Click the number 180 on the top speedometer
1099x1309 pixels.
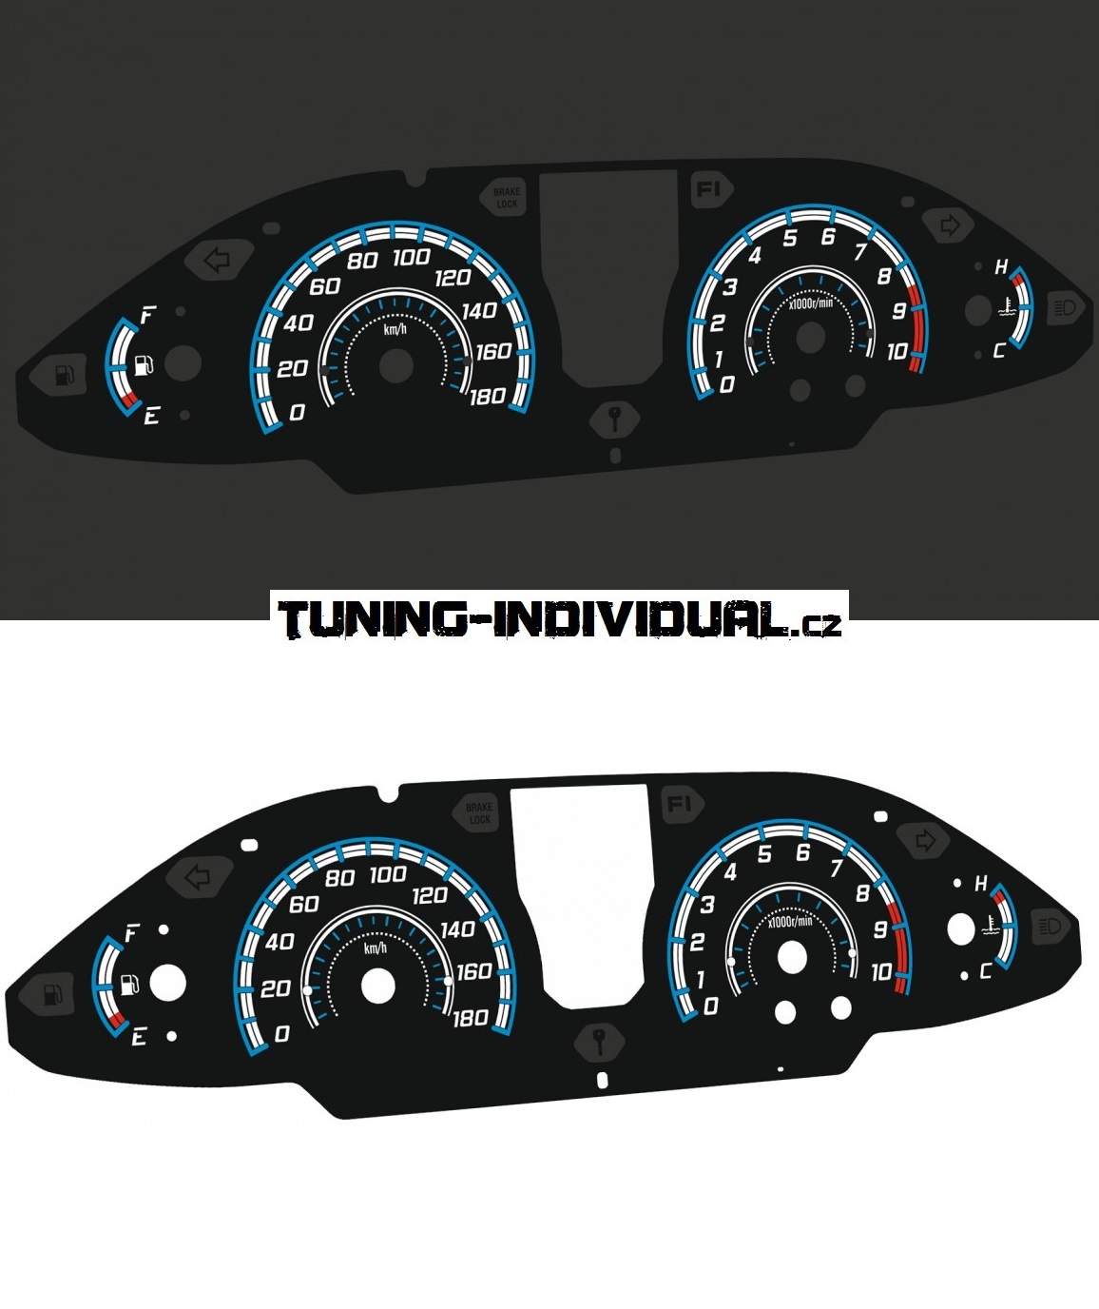point(487,396)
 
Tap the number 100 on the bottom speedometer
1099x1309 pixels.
point(388,874)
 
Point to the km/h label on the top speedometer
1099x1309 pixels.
point(395,329)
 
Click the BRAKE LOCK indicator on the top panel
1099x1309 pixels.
point(507,198)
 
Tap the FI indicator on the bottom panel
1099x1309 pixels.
point(679,804)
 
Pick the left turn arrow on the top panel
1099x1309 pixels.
point(219,259)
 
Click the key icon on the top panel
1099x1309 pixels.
point(615,417)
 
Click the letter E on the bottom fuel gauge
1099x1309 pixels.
point(140,1037)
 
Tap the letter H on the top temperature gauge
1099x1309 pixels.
point(1001,267)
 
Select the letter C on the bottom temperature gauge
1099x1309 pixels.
point(985,971)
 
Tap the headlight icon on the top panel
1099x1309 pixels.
point(1065,307)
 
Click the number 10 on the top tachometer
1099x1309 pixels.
point(897,352)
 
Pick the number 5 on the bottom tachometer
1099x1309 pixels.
point(764,854)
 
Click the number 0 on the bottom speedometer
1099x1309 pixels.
point(281,1034)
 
